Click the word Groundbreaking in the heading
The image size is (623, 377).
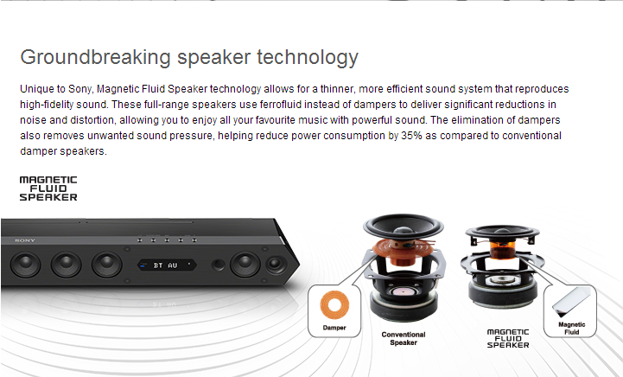96,57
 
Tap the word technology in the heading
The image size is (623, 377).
308,57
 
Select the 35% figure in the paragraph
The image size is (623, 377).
411,136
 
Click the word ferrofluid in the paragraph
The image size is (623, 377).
281,105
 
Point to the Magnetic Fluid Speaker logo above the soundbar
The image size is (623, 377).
48,188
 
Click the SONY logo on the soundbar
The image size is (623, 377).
25,240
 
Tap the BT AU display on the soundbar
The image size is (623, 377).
167,265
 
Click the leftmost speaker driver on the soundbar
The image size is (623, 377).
25,264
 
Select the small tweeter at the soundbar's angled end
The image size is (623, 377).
276,264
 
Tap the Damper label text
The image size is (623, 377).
334,328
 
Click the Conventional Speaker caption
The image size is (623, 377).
404,338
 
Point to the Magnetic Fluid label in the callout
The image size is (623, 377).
572,328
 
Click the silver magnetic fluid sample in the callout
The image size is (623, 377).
571,303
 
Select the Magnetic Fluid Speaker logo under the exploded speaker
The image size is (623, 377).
508,338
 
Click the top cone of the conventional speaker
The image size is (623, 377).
404,227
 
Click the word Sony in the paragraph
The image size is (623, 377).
80,89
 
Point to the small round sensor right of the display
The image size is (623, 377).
218,265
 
